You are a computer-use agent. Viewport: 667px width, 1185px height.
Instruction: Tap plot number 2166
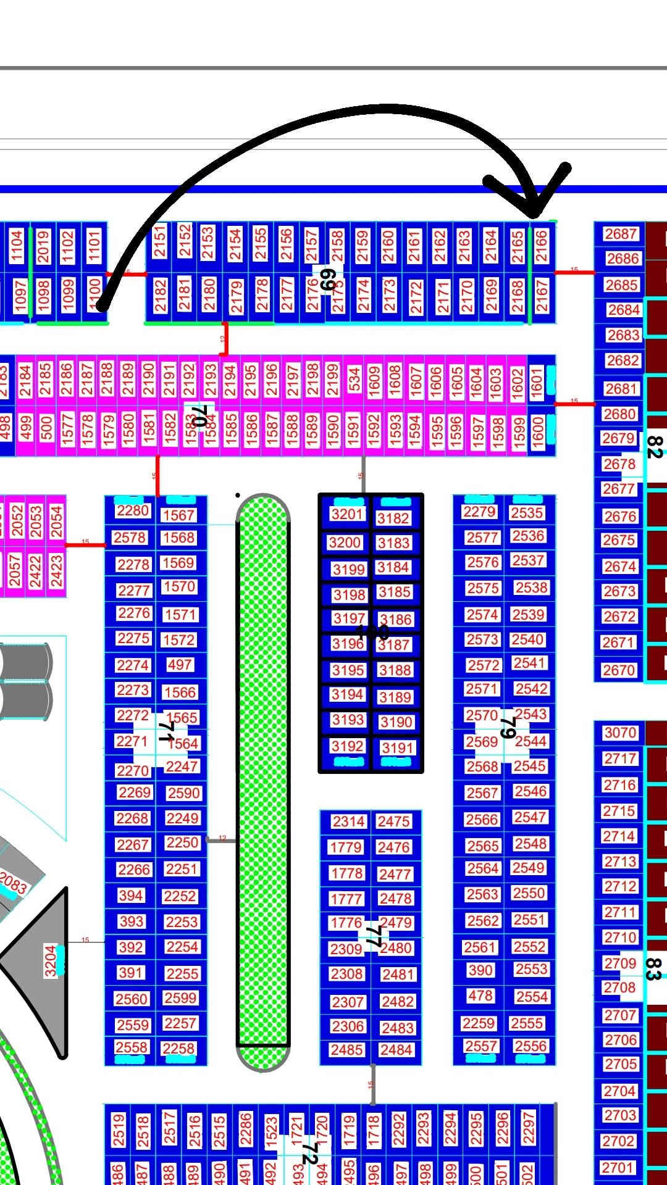coord(541,246)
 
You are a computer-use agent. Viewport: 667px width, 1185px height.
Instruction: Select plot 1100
coord(94,295)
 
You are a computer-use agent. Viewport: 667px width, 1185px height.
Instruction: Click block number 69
coord(327,280)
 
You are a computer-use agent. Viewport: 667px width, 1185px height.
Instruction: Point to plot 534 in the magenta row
coord(354,380)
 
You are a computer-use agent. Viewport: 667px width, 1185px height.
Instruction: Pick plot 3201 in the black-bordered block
coord(347,514)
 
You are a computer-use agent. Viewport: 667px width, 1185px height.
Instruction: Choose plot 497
coord(180,665)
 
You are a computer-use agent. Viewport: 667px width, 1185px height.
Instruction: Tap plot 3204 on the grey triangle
coord(51,961)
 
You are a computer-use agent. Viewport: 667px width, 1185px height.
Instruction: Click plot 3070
coord(620,733)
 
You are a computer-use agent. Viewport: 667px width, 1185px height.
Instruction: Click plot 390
coord(480,970)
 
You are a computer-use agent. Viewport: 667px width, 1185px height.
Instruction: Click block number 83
coord(653,968)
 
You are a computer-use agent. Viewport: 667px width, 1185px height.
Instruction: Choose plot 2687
coord(621,234)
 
